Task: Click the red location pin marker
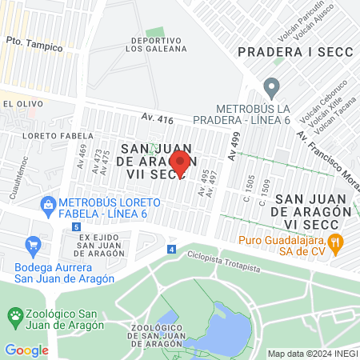click(180, 162)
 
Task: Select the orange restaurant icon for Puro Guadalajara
click(337, 240)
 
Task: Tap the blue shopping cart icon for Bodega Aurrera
click(33, 244)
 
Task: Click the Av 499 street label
click(233, 146)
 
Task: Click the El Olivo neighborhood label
click(17, 104)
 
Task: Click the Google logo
click(26, 350)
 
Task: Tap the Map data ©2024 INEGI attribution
click(311, 354)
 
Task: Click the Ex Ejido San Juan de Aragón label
click(102, 245)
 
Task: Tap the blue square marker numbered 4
click(170, 250)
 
